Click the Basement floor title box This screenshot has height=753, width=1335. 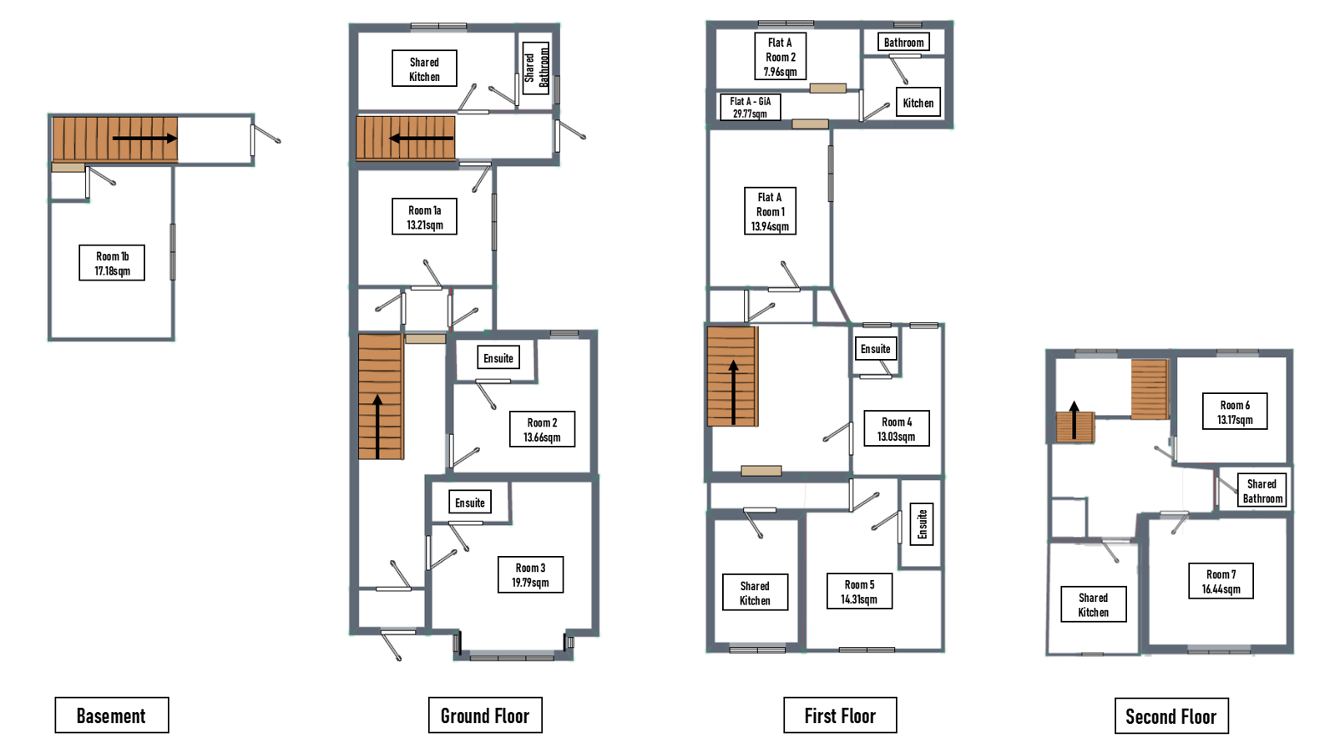click(111, 715)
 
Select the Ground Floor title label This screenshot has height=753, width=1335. click(485, 715)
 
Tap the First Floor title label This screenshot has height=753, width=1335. click(840, 715)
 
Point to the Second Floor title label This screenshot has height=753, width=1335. click(1171, 715)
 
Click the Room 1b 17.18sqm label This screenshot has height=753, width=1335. click(112, 263)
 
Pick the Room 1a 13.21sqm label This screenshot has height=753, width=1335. click(424, 217)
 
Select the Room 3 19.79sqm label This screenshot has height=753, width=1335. click(530, 575)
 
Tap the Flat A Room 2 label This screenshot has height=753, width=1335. click(780, 57)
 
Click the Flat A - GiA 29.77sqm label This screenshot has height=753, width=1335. click(751, 107)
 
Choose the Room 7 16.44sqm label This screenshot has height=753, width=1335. click(1221, 581)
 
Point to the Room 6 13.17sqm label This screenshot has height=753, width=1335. click(1235, 411)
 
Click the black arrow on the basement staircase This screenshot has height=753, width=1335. click(144, 139)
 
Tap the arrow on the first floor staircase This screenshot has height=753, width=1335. click(734, 392)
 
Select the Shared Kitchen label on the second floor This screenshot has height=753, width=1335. click(1094, 604)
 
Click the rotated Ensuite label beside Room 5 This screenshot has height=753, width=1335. click(922, 524)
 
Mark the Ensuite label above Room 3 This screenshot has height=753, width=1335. click(470, 503)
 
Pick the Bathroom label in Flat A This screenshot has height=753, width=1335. click(903, 42)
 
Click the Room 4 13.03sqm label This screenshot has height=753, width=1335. click(897, 428)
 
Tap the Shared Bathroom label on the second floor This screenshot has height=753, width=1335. click(1262, 490)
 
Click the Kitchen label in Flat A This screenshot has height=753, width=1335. click(918, 103)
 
